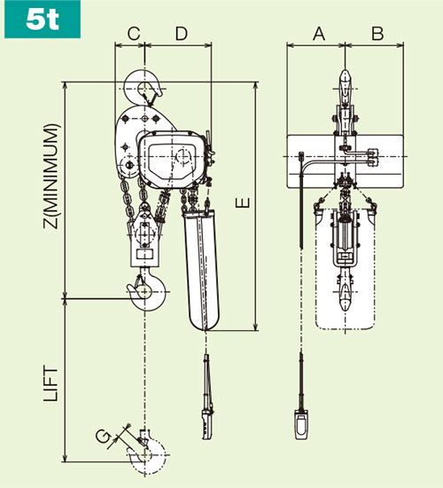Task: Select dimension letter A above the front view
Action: [319, 34]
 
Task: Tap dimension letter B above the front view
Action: [377, 34]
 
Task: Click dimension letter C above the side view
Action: [134, 34]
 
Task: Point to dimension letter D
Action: [181, 34]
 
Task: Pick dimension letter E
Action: [245, 203]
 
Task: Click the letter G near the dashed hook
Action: [104, 436]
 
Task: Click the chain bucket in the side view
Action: [199, 266]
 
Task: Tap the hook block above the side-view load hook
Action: [144, 244]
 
